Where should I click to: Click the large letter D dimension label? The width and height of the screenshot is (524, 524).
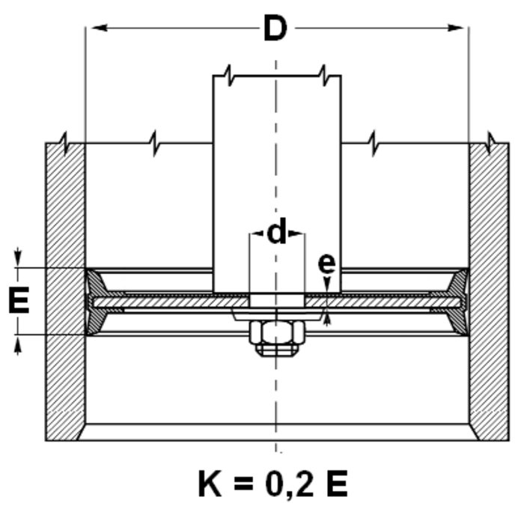click(275, 28)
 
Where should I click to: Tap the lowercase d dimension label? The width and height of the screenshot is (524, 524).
click(277, 231)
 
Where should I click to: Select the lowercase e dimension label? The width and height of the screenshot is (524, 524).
click(326, 264)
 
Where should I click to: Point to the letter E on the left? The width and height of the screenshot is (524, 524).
click(19, 300)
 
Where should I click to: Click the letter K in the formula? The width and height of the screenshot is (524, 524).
click(210, 484)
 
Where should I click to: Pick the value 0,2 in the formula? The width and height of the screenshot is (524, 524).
click(290, 484)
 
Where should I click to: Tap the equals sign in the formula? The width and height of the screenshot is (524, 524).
click(243, 484)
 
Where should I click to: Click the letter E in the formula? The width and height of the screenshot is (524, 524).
click(337, 484)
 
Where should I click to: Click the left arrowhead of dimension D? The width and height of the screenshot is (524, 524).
click(99, 28)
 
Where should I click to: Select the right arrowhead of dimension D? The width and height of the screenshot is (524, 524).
click(455, 28)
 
